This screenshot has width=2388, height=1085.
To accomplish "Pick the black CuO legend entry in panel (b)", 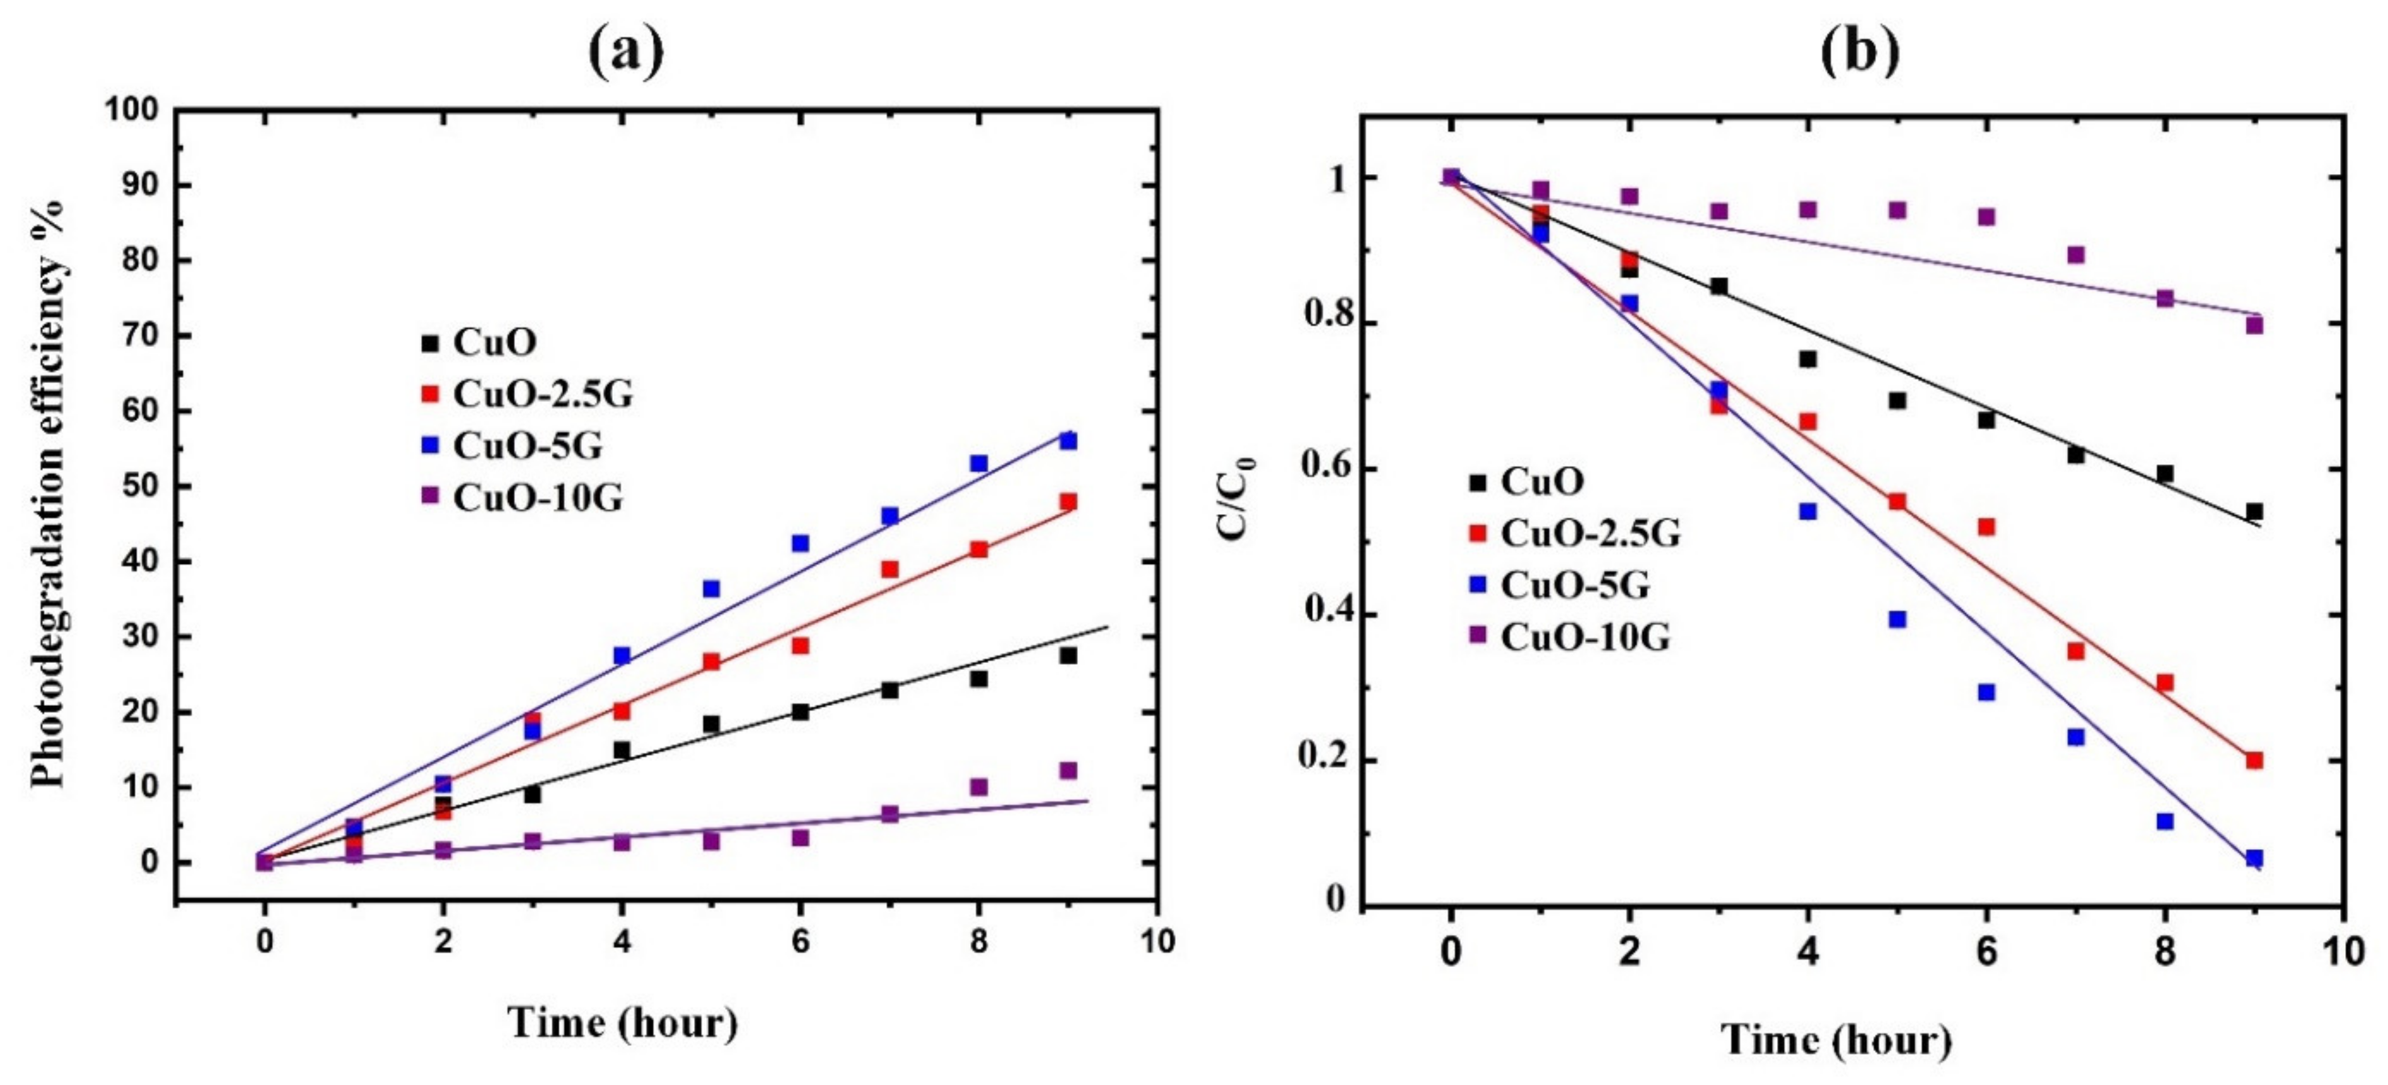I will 1541,481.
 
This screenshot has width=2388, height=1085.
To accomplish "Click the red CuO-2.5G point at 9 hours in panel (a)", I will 1068,501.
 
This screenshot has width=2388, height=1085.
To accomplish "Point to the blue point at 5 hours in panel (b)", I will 1897,619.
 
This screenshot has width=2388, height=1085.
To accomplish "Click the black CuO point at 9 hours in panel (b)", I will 2254,512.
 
